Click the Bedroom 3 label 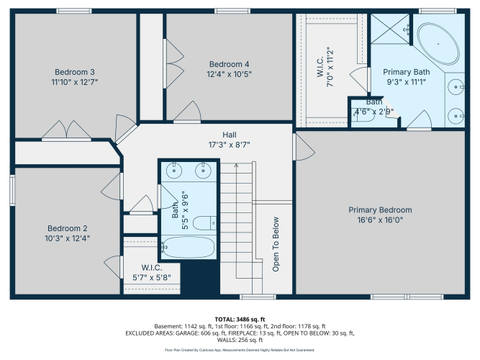(75, 72)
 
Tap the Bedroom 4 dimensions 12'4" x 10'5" (229, 74)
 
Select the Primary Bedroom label (380, 210)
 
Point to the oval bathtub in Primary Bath (438, 43)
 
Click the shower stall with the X (390, 29)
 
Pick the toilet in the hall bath (204, 223)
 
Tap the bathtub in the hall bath (188, 247)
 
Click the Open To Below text (276, 244)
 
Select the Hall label (230, 135)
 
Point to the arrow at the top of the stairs (236, 166)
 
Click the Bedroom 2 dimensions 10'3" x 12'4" (68, 238)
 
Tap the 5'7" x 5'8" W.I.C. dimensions (152, 278)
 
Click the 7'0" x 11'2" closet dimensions (330, 67)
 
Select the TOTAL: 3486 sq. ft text (240, 319)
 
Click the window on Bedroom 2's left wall (12, 190)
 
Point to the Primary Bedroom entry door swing (304, 147)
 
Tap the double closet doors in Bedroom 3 (66, 130)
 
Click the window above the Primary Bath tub (438, 11)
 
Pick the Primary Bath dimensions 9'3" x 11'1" (406, 82)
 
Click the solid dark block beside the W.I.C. (200, 277)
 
